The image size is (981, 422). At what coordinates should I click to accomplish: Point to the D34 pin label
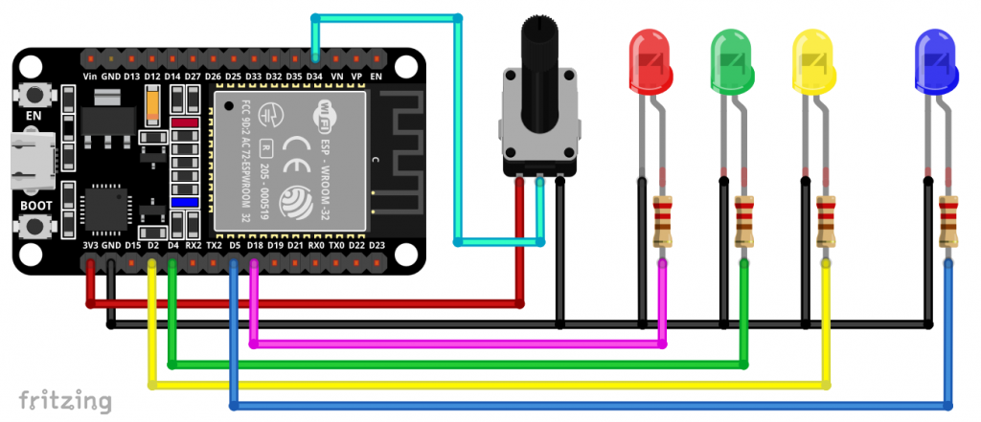(x=316, y=75)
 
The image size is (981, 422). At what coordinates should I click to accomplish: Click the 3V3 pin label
(x=90, y=246)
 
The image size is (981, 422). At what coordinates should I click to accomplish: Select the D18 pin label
(x=255, y=246)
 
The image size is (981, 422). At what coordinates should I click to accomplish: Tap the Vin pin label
(x=90, y=75)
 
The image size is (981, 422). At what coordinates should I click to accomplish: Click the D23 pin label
(x=376, y=246)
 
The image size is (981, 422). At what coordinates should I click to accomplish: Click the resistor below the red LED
(x=662, y=221)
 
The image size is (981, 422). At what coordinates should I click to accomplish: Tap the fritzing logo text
(x=64, y=398)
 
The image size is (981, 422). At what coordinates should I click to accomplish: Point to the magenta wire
(x=460, y=343)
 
